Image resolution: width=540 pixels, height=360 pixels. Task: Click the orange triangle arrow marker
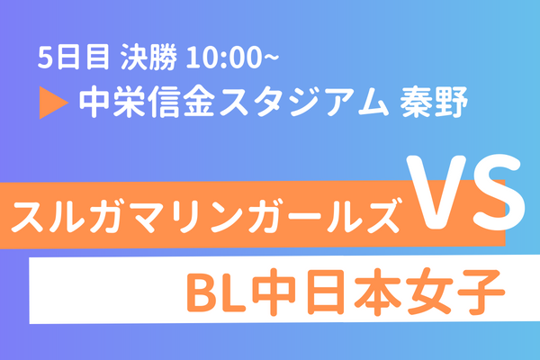click(51, 103)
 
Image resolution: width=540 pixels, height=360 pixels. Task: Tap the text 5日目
click(74, 58)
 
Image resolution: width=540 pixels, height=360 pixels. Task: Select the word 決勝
click(148, 58)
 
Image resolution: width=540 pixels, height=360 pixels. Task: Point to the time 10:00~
click(232, 58)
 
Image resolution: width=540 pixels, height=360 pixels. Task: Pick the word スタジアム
click(304, 102)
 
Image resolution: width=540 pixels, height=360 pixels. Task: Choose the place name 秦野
click(433, 102)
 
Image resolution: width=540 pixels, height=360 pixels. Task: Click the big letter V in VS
click(436, 193)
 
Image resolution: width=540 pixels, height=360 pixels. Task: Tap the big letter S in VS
click(499, 193)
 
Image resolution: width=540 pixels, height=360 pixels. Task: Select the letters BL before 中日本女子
click(216, 292)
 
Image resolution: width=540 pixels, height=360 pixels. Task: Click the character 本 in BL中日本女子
click(377, 292)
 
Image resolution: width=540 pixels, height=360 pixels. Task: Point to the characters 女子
click(455, 292)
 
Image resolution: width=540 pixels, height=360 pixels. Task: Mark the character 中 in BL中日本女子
click(274, 292)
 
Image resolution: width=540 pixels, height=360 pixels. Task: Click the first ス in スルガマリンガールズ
click(28, 217)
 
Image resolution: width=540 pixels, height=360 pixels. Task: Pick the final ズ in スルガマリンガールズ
click(382, 215)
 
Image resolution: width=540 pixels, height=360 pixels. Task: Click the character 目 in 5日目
click(98, 58)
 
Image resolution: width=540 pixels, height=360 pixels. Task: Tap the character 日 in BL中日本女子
click(325, 292)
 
